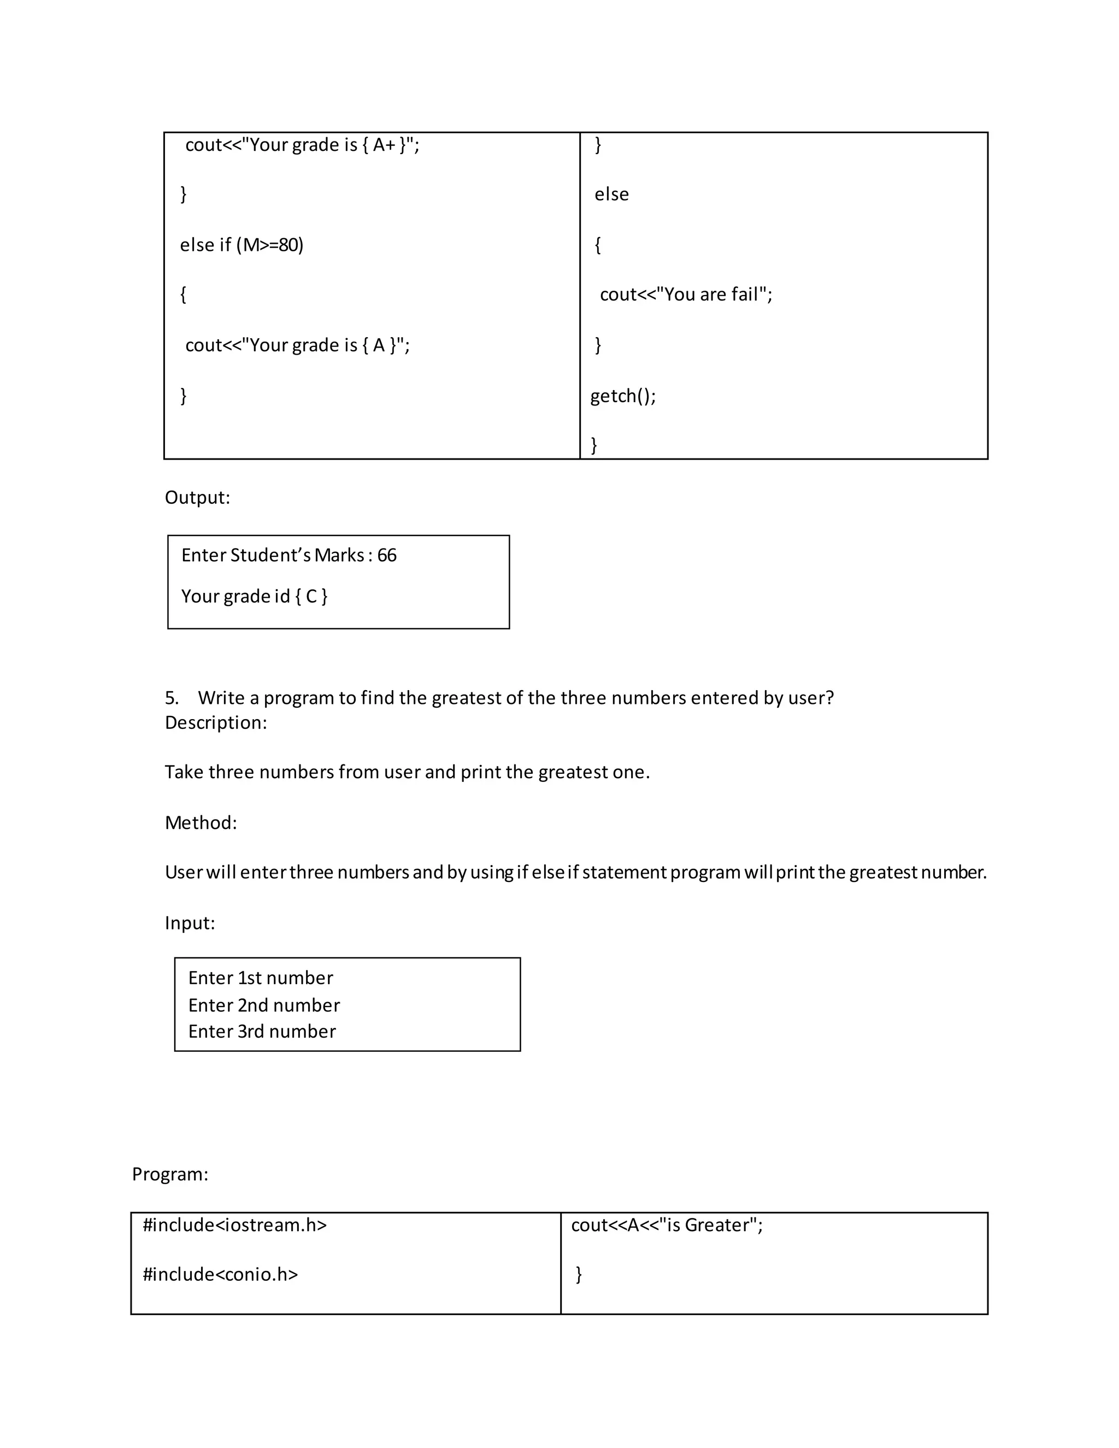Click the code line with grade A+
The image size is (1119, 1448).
click(x=302, y=145)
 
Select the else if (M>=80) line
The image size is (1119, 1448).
click(x=242, y=245)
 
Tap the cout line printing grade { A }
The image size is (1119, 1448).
click(x=297, y=345)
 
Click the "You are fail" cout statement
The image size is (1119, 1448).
click(x=686, y=295)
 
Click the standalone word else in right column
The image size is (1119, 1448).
click(x=611, y=195)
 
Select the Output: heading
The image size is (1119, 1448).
click(x=197, y=498)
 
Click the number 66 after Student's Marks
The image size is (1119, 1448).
click(x=386, y=556)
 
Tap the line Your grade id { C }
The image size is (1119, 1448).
click(x=254, y=597)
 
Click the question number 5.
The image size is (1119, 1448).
click(x=171, y=698)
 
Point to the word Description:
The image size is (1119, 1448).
click(x=215, y=723)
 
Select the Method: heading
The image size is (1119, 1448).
click(x=200, y=823)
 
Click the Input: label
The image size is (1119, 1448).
click(x=190, y=923)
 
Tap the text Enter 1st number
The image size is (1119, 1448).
click(x=261, y=978)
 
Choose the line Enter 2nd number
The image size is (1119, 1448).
click(x=264, y=1006)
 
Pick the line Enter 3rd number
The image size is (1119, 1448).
click(x=262, y=1032)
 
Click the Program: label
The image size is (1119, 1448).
click(x=170, y=1174)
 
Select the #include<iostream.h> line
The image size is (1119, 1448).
click(x=234, y=1225)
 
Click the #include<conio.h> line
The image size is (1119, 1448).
click(x=220, y=1274)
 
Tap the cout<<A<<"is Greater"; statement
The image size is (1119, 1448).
click(x=666, y=1225)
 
